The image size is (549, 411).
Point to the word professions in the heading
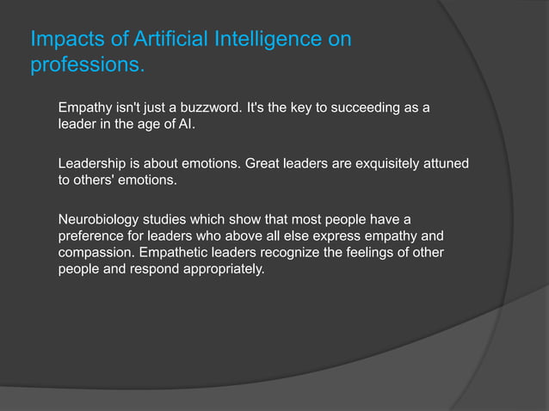[x=86, y=66]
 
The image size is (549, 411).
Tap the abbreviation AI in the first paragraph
[x=186, y=126]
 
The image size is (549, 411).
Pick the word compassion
[x=99, y=251]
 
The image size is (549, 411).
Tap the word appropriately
[x=221, y=267]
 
